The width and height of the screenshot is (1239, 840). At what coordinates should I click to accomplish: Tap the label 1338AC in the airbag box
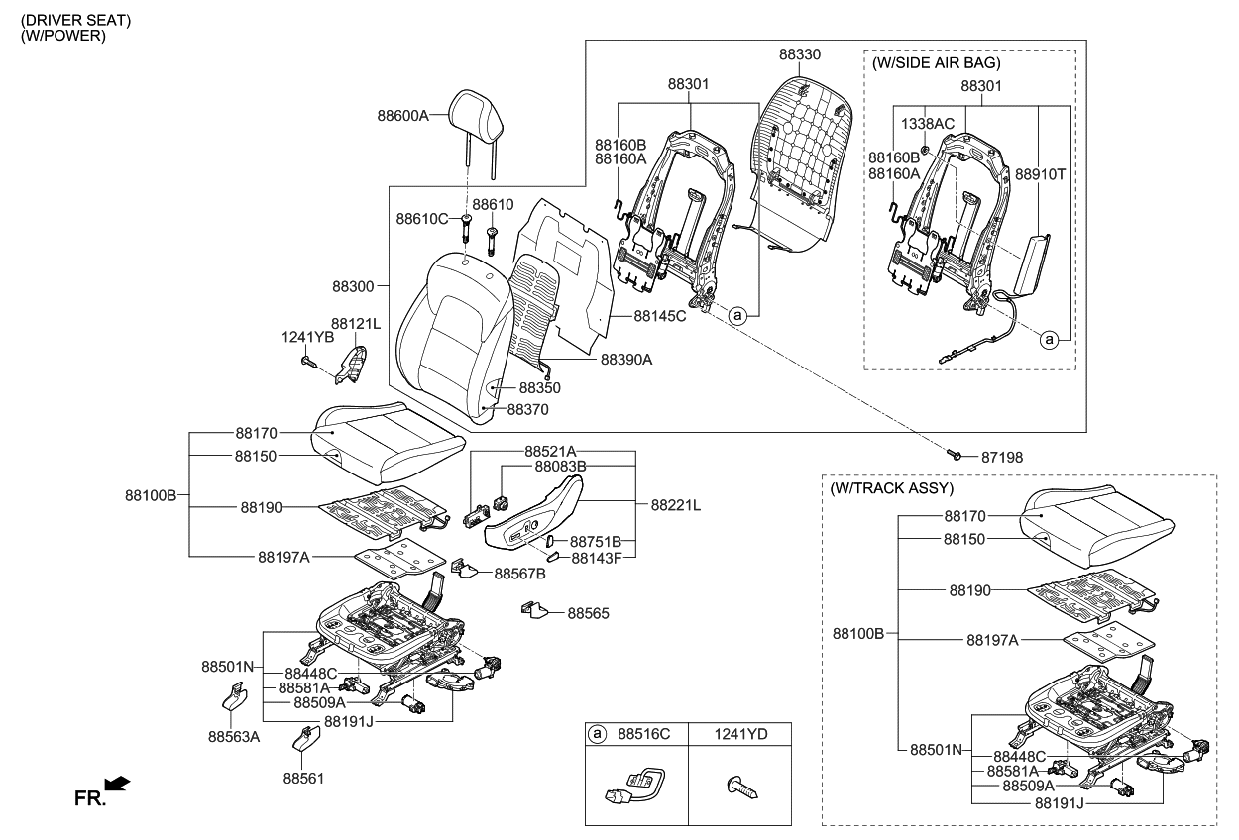click(927, 125)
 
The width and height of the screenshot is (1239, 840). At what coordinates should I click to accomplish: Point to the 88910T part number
click(1040, 173)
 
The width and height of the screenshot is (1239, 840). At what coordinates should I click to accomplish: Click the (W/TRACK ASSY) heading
click(891, 488)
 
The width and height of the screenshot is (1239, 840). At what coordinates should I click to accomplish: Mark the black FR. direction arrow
click(117, 785)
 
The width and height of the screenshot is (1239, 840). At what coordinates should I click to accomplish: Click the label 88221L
click(675, 505)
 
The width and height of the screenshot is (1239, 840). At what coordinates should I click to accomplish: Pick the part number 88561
click(303, 779)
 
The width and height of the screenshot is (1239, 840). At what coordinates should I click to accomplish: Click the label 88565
click(588, 614)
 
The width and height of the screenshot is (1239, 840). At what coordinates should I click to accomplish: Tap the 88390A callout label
click(626, 360)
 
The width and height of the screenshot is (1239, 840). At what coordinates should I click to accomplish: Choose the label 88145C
click(660, 316)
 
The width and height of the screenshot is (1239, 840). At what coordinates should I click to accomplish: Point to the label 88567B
click(520, 573)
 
